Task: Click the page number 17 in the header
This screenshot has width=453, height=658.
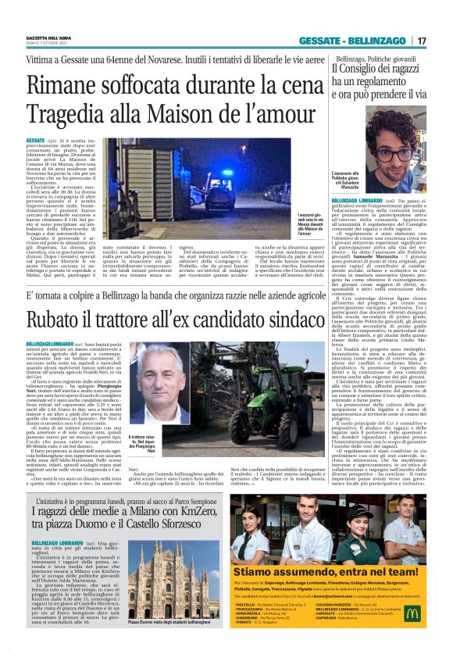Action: click(423, 41)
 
